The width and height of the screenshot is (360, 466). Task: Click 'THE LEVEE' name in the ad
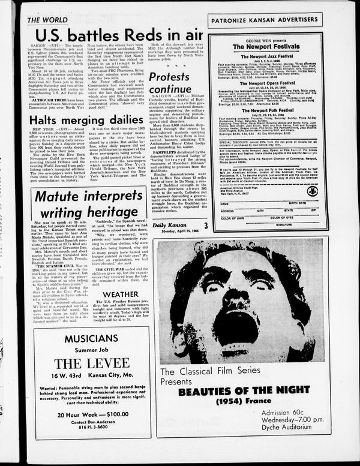pyautogui.click(x=90, y=363)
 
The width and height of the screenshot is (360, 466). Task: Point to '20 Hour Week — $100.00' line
pyautogui.click(x=90, y=431)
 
